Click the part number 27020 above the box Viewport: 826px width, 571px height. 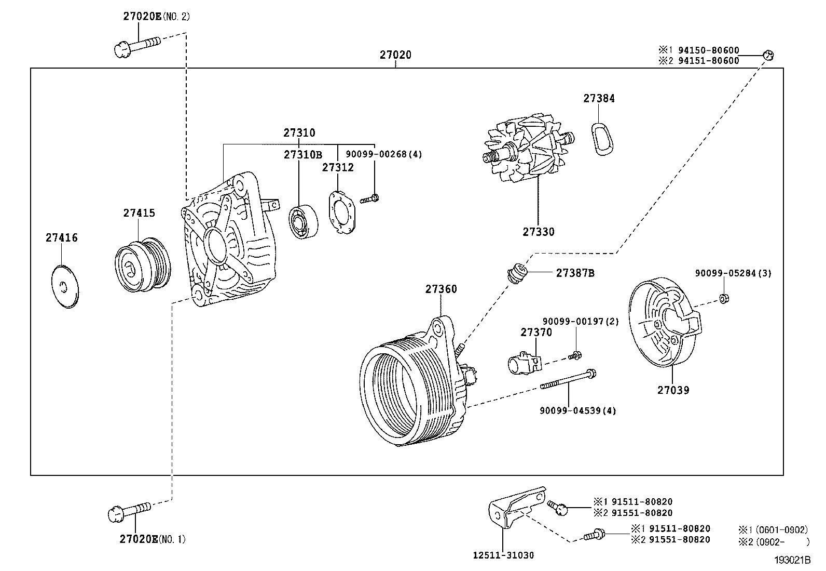click(395, 55)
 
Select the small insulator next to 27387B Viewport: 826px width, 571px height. click(517, 273)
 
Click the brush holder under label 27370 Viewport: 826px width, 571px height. click(524, 362)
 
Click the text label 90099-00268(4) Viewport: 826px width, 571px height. click(384, 154)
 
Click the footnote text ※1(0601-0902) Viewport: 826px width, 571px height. click(773, 529)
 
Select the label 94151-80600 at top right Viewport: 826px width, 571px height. click(707, 61)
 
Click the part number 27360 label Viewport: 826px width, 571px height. click(441, 289)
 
